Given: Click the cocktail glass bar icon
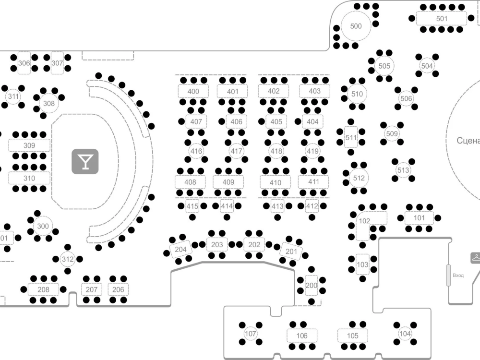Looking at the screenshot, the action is (85, 162).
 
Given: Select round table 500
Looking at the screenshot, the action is (356, 26).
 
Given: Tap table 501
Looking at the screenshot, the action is (442, 19).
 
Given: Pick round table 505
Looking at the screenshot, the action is (384, 66).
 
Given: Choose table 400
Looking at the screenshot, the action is (193, 91).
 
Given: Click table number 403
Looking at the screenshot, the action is (315, 91).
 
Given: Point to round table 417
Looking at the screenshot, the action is (236, 151).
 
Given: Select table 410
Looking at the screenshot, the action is (275, 183).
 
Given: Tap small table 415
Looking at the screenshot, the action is (192, 206).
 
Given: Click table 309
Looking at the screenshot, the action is (29, 145).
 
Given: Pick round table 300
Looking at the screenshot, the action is (43, 226).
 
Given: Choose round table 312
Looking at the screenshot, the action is (68, 259).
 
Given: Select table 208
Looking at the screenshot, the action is (43, 289).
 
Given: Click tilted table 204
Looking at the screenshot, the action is (180, 250).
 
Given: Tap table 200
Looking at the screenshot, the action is (312, 286).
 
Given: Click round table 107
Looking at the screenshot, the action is (251, 334).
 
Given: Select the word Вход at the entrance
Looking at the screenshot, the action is (458, 275).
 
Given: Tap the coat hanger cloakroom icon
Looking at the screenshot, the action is (475, 258).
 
